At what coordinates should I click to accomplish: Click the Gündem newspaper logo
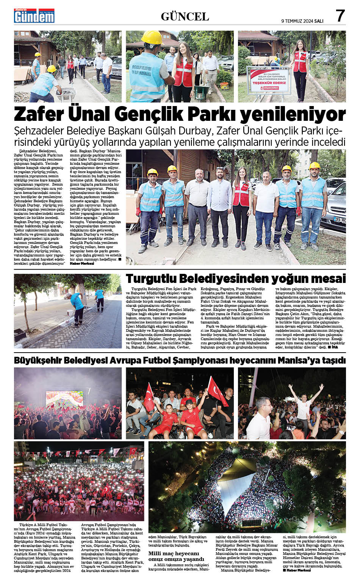[x=34, y=16]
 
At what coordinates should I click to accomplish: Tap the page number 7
[x=340, y=16]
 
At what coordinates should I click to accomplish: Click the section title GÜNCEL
[x=185, y=17]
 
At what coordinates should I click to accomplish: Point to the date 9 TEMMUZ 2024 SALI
[x=302, y=21]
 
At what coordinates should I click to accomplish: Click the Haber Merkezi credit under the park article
[x=82, y=263]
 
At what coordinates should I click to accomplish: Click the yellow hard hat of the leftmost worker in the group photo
[x=152, y=172]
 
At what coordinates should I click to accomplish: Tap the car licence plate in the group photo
[x=340, y=220]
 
